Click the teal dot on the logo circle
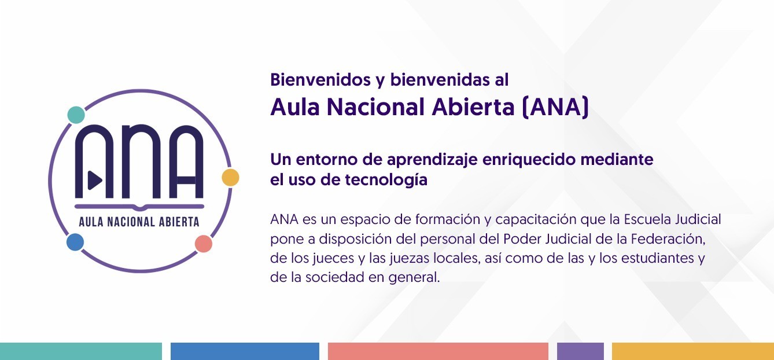click(76, 115)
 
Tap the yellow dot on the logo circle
click(230, 178)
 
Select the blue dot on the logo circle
click(75, 242)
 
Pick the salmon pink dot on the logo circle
click(204, 244)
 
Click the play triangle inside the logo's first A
click(95, 180)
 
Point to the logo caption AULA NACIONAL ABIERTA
click(139, 222)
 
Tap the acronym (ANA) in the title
click(555, 108)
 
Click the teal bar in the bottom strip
click(81, 351)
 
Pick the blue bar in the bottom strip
click(245, 351)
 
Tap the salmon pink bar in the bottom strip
click(438, 351)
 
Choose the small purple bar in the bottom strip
click(581, 351)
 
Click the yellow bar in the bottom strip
click(693, 351)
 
